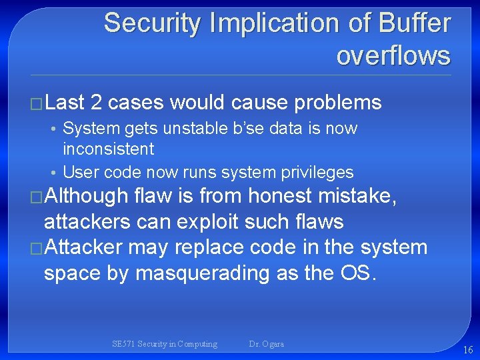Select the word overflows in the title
393,55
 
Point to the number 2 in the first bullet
96,103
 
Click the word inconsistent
108,149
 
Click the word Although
85,196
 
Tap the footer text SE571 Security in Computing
165,344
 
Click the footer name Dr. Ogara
266,344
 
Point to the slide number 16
467,349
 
